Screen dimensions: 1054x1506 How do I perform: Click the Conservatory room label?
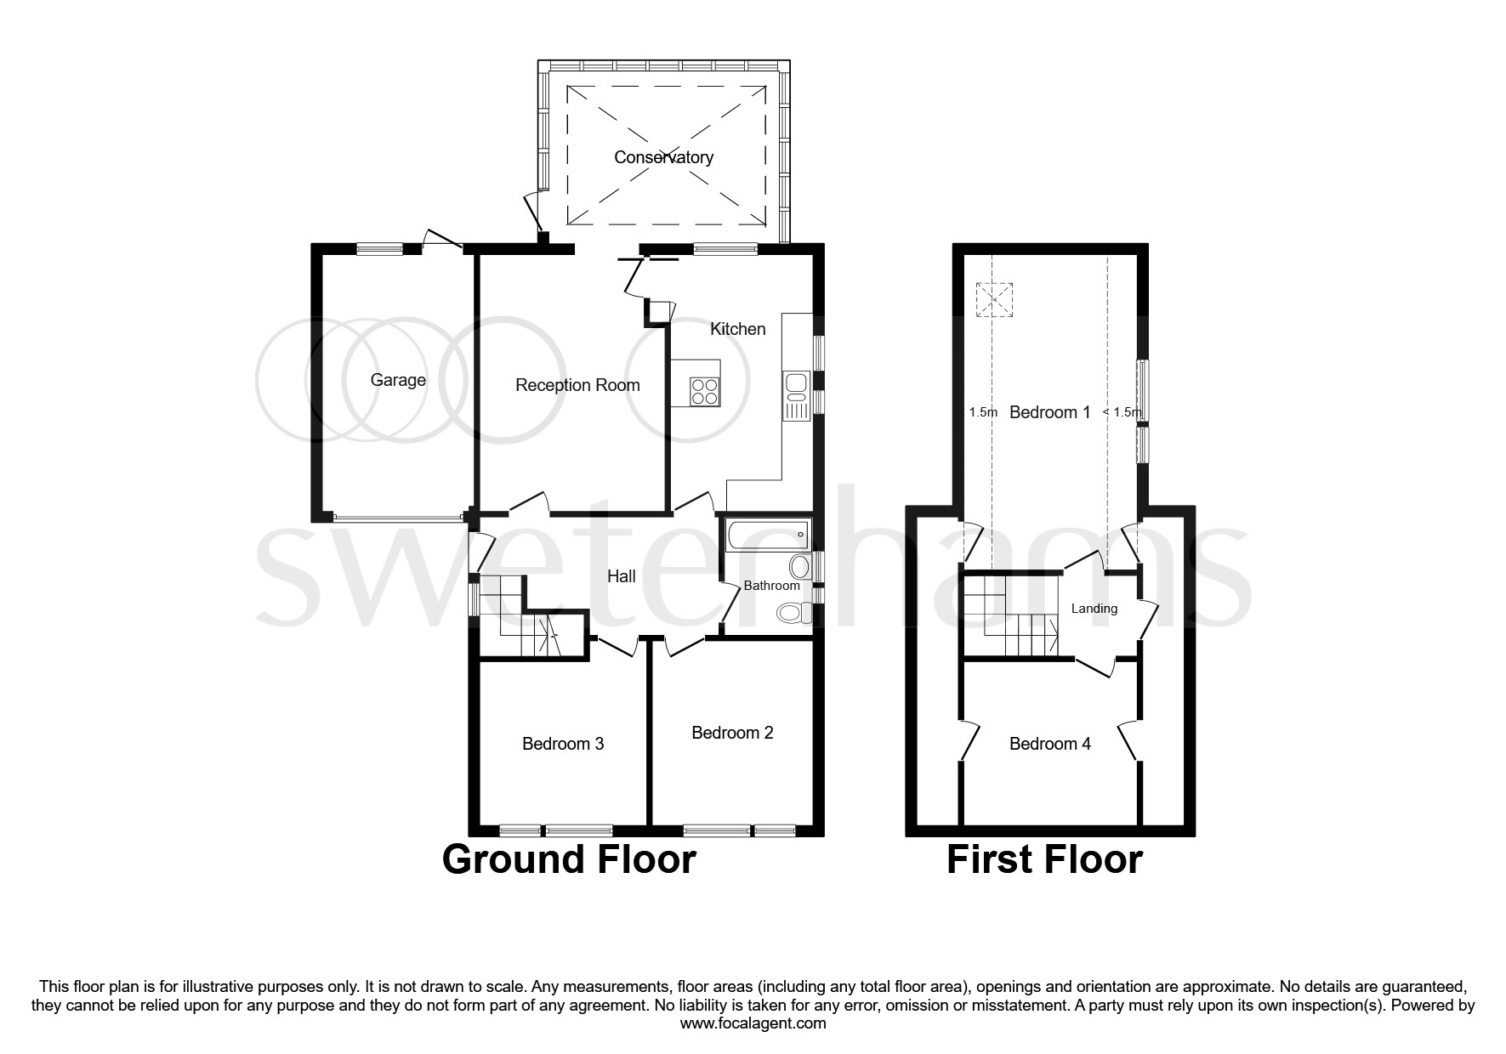click(663, 157)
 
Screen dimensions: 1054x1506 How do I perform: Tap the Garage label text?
click(398, 380)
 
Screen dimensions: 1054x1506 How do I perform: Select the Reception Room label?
click(577, 385)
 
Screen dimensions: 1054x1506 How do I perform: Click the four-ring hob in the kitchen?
click(705, 391)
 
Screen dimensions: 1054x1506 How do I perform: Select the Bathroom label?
click(771, 586)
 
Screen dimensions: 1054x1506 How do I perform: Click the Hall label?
click(621, 576)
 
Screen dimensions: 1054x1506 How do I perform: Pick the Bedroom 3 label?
click(563, 744)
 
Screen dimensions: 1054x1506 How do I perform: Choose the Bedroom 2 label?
click(732, 733)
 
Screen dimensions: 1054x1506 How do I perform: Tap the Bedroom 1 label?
click(1049, 412)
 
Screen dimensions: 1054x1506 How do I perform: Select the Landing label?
click(1094, 609)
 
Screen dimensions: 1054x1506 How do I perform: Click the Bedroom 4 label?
click(1049, 744)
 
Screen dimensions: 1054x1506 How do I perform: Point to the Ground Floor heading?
click(569, 859)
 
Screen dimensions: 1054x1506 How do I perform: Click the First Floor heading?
click(1044, 859)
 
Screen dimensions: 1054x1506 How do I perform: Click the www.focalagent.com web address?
click(753, 1023)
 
